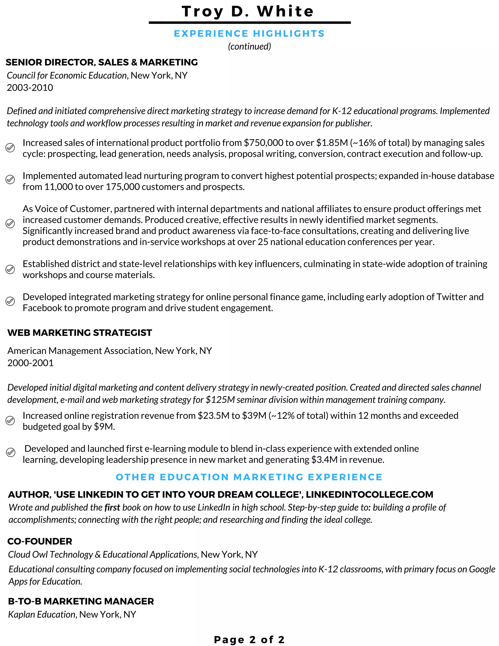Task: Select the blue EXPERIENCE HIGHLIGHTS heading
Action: coord(249,33)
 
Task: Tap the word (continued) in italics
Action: coord(249,46)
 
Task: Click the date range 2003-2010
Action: coord(30,88)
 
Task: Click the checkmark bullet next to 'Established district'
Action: coord(10,269)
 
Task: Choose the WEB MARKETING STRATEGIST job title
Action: coord(79,333)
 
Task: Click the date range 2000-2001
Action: coord(30,363)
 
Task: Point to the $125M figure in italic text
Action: coord(220,400)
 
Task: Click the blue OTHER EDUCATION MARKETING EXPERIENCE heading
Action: coord(249,477)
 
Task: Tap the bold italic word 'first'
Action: coord(112,507)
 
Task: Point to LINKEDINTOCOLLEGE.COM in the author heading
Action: coord(370,494)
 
